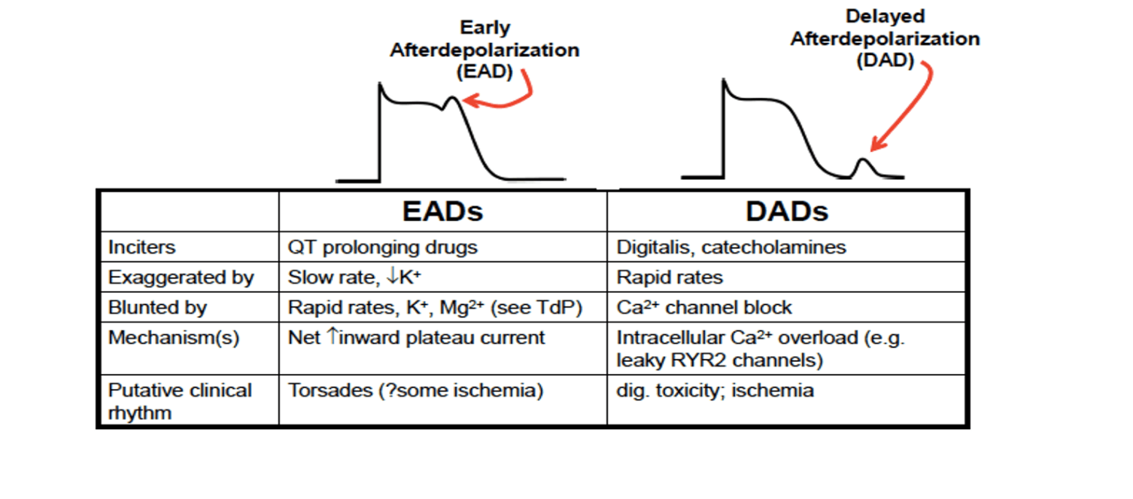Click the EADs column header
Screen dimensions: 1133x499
(x=442, y=211)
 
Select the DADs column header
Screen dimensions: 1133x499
(x=787, y=211)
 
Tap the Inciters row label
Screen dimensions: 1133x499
(x=141, y=247)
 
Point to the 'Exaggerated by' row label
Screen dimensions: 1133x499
(x=181, y=277)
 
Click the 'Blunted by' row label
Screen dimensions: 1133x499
(x=158, y=307)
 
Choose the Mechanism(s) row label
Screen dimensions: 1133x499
(x=174, y=337)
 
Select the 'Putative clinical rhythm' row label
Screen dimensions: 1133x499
(x=180, y=401)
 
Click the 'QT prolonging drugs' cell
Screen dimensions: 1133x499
(x=382, y=247)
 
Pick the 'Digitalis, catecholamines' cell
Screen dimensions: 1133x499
(x=731, y=247)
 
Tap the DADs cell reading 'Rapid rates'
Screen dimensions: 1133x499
(x=670, y=277)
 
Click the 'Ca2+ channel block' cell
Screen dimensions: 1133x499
(x=704, y=307)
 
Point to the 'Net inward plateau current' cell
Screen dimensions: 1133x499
(x=416, y=337)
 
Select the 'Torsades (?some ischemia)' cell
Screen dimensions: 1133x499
(x=415, y=390)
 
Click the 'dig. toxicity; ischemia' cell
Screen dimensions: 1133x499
(x=715, y=390)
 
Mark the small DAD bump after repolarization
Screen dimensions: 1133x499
(x=864, y=166)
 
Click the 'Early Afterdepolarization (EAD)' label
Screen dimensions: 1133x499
(x=484, y=50)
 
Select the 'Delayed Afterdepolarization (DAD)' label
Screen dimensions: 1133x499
(x=885, y=38)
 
